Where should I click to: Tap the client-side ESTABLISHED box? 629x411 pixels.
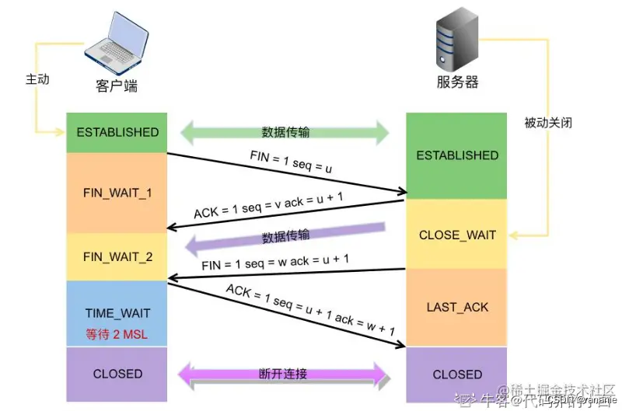point(117,132)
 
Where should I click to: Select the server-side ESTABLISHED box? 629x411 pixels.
point(457,155)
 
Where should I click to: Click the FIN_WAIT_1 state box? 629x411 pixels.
point(117,192)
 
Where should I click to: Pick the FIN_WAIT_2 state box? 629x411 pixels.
point(117,256)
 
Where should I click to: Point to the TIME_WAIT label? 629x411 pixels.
point(117,314)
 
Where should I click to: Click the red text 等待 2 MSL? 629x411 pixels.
point(117,334)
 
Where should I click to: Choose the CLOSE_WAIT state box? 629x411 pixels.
point(457,235)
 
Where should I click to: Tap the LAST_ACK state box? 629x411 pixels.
point(457,307)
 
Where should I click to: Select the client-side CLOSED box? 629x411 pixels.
point(117,374)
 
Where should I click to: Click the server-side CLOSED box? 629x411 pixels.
point(457,374)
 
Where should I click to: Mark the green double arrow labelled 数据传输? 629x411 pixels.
point(285,132)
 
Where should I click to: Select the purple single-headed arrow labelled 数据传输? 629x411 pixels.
point(285,236)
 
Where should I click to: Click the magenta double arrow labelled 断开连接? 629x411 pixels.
point(283,374)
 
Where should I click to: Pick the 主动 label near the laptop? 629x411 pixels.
point(37,79)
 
